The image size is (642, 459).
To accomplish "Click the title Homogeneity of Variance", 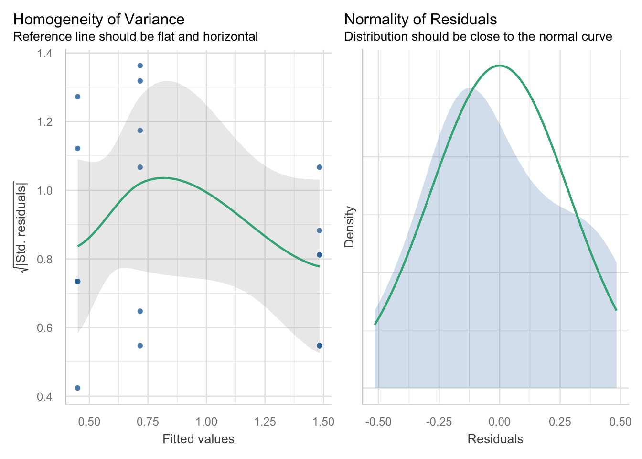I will point(98,19).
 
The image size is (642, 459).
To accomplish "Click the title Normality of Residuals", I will point(420,19).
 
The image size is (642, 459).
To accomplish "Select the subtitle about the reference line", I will point(136,37).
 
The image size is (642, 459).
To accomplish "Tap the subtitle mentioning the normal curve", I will point(478,37).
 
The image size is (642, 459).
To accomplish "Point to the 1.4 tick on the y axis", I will point(45,53).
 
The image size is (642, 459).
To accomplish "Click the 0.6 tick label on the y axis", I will point(45,328).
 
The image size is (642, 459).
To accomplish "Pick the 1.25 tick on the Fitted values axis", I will point(265,422).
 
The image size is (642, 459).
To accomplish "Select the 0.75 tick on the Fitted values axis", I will point(148,422).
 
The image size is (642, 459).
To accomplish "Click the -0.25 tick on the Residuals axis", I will point(439,422).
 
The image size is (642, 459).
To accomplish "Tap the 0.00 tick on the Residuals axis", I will point(500,422).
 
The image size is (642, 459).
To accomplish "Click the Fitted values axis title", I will point(198,439).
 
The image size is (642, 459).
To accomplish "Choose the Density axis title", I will point(350,227).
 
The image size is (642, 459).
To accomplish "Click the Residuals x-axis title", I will point(495,439).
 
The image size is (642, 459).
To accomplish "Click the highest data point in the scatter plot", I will point(140,66).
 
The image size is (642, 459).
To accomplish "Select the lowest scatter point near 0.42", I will point(77,388).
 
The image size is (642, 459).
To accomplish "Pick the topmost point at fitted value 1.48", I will point(320,167).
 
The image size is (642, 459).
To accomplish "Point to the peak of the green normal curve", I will point(500,66).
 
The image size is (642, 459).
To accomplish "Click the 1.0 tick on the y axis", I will point(45,191).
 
